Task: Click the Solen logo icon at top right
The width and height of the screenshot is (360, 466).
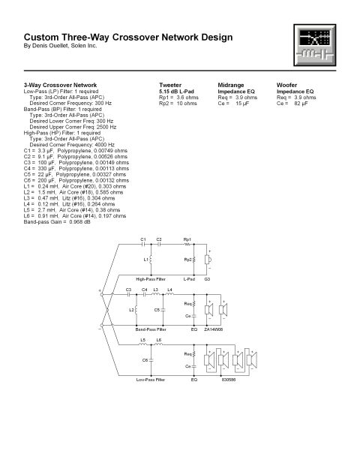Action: (315, 45)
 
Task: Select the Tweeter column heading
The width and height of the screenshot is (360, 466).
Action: (170, 85)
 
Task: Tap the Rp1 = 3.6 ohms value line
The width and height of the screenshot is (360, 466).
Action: (178, 98)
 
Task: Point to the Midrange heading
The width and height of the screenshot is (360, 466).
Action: (231, 85)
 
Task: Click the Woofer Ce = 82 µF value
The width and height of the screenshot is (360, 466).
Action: (292, 104)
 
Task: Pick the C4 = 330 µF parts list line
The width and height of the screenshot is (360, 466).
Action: (76, 169)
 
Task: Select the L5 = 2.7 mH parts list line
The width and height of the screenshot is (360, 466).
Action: (72, 210)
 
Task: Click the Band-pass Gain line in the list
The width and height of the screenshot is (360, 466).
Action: (57, 221)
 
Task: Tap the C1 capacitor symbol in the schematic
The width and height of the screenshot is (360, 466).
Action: (143, 245)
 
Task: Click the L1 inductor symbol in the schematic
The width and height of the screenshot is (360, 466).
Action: (151, 260)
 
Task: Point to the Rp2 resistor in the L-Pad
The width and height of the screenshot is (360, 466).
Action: (194, 260)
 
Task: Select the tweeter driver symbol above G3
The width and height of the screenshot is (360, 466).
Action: (208, 260)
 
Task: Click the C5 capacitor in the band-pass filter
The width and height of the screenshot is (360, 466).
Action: (163, 310)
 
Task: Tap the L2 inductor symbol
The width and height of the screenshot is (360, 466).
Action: (136, 310)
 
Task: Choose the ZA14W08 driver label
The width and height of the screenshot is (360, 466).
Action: (214, 329)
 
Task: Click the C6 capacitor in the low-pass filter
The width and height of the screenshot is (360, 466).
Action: (151, 360)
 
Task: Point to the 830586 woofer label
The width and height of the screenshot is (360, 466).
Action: (229, 380)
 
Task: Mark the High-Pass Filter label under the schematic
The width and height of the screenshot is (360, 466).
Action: (151, 279)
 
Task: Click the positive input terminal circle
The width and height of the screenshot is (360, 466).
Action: (101, 294)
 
